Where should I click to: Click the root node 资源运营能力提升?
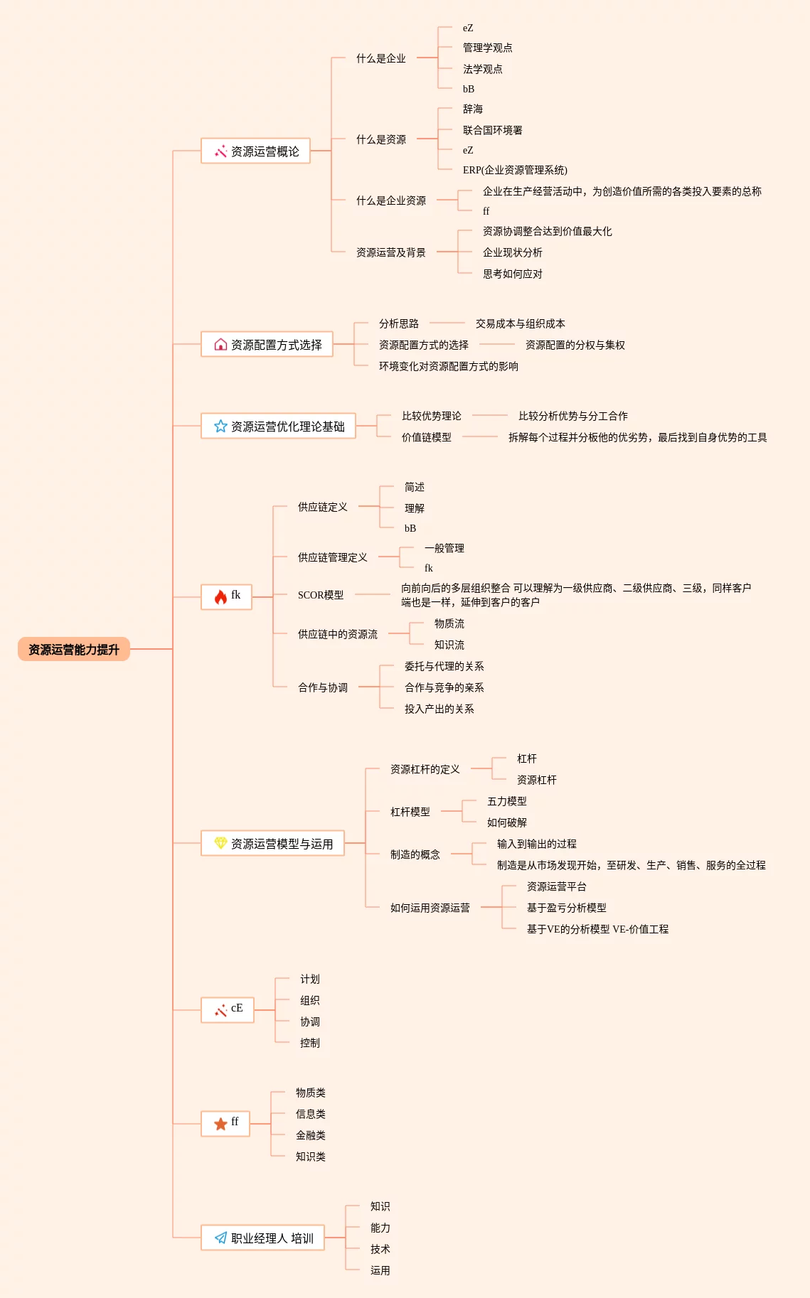pos(73,649)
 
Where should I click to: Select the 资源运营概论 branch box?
pos(255,151)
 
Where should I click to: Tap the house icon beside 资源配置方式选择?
pos(220,345)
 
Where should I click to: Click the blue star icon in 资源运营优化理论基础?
pos(220,426)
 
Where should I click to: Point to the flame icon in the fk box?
pos(220,596)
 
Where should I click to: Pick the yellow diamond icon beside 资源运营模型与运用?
pos(220,843)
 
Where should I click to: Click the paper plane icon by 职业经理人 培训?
pos(220,1238)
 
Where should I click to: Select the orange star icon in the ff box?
pos(220,1123)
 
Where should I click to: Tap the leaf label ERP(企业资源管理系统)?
pos(515,170)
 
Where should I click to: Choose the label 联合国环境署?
pos(492,130)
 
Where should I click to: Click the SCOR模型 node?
pos(321,595)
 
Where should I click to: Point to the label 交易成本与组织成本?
pos(520,323)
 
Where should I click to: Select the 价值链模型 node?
pos(426,437)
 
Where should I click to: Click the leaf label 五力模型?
pos(506,801)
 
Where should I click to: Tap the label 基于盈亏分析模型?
pos(566,908)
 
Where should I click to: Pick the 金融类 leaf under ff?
pos(310,1135)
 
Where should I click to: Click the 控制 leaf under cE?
pos(309,1043)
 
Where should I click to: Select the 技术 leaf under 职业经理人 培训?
pos(380,1249)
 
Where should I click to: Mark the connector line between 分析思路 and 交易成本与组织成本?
pos(447,323)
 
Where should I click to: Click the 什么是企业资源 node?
pos(390,200)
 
